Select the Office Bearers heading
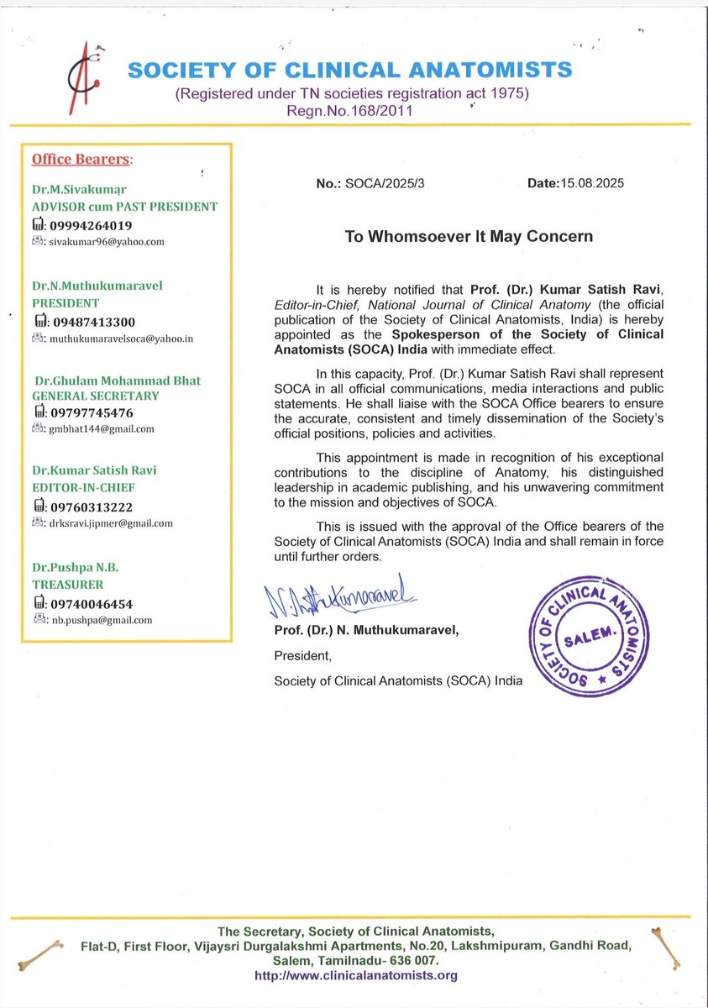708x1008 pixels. (81, 159)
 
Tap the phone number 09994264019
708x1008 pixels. (89, 225)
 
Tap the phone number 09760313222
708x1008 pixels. (89, 507)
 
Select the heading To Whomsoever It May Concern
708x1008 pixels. (469, 237)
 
